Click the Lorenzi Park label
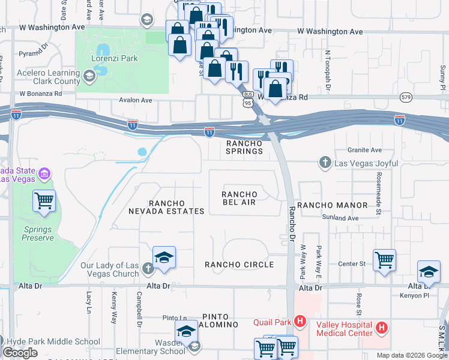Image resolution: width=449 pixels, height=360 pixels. click(x=115, y=59)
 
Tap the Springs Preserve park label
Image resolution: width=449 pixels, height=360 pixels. click(x=38, y=233)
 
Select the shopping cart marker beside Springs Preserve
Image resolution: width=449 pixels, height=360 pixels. click(x=44, y=201)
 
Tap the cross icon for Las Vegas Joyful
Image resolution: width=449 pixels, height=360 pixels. click(x=325, y=162)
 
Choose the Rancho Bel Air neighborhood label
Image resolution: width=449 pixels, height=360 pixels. click(x=239, y=199)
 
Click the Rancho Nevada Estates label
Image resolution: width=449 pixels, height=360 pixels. click(x=166, y=208)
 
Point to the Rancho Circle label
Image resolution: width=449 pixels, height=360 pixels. click(x=239, y=265)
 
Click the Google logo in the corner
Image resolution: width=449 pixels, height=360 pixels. click(x=20, y=352)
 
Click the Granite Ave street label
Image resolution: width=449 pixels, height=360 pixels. click(x=364, y=150)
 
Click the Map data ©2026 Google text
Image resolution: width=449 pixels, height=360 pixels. click(x=412, y=355)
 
